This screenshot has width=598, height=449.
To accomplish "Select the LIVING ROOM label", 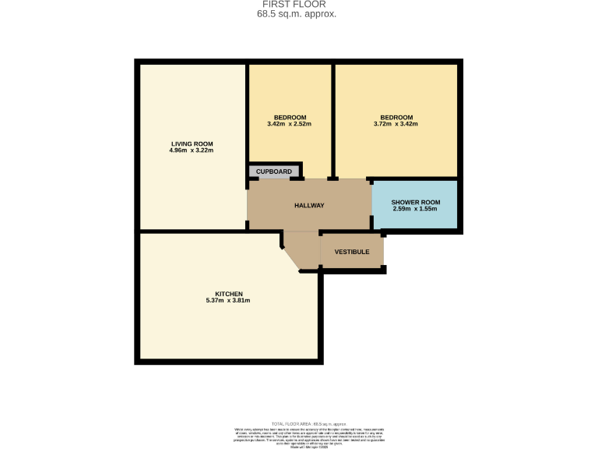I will pyautogui.click(x=192, y=143).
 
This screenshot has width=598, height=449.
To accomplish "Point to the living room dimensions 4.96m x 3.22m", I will pyautogui.click(x=192, y=150).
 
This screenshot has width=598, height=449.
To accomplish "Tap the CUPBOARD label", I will pyautogui.click(x=274, y=171).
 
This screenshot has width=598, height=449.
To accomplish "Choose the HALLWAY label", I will pyautogui.click(x=309, y=206).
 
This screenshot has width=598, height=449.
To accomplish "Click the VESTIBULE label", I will pyautogui.click(x=351, y=252).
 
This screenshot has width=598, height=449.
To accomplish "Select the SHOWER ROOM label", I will pyautogui.click(x=415, y=203).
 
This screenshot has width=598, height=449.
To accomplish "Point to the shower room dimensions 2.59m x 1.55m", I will pyautogui.click(x=415, y=210).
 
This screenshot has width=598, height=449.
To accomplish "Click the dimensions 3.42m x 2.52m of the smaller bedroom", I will pyautogui.click(x=289, y=124).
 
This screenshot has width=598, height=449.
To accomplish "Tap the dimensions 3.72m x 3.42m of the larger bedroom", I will pyautogui.click(x=396, y=124).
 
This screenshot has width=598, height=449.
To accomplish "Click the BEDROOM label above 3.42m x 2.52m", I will pyautogui.click(x=290, y=117).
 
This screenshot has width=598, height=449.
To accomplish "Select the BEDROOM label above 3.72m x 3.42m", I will pyautogui.click(x=396, y=117).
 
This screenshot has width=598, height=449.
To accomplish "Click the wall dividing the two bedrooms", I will pyautogui.click(x=333, y=117).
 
